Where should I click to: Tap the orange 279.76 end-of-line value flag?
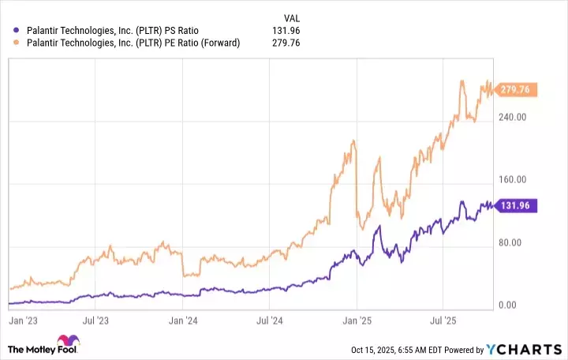tap(517, 91)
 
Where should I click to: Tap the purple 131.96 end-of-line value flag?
tap(517, 205)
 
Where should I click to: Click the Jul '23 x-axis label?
tap(95, 321)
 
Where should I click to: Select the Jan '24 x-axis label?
tap(183, 321)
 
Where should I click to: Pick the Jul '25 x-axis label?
tap(443, 321)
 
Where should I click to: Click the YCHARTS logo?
tap(523, 349)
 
